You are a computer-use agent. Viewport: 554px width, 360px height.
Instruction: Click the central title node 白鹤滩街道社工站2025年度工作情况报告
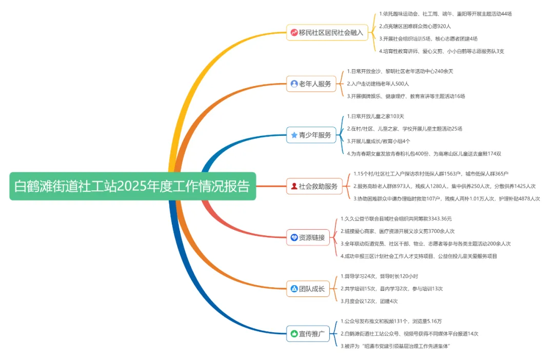[132, 186]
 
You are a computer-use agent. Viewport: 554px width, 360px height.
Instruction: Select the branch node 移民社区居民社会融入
[327, 32]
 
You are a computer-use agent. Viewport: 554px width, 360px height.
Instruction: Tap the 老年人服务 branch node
[311, 84]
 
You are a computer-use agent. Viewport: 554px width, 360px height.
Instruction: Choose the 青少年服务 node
[311, 135]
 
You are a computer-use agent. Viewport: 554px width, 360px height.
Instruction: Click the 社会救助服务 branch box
[314, 186]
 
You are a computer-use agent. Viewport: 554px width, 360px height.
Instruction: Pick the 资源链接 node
[307, 237]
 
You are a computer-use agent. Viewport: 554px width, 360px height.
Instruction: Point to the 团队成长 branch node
[307, 289]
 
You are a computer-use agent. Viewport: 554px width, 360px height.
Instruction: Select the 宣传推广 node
[307, 334]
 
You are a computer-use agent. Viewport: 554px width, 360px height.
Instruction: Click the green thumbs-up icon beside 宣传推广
[294, 334]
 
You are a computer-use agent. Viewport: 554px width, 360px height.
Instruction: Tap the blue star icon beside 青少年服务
[294, 135]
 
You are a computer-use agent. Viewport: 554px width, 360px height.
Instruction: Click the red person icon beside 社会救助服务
[294, 186]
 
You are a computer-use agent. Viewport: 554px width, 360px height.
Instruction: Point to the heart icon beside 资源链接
[294, 237]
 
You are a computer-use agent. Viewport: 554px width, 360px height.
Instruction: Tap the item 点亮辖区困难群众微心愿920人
[415, 26]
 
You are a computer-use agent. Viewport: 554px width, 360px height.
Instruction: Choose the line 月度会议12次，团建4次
[369, 301]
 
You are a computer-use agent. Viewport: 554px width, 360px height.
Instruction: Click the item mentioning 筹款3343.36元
[396, 219]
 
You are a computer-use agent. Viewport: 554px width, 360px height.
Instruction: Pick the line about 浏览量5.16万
[391, 322]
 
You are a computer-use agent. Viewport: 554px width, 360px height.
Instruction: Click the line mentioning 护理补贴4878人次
[446, 198]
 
